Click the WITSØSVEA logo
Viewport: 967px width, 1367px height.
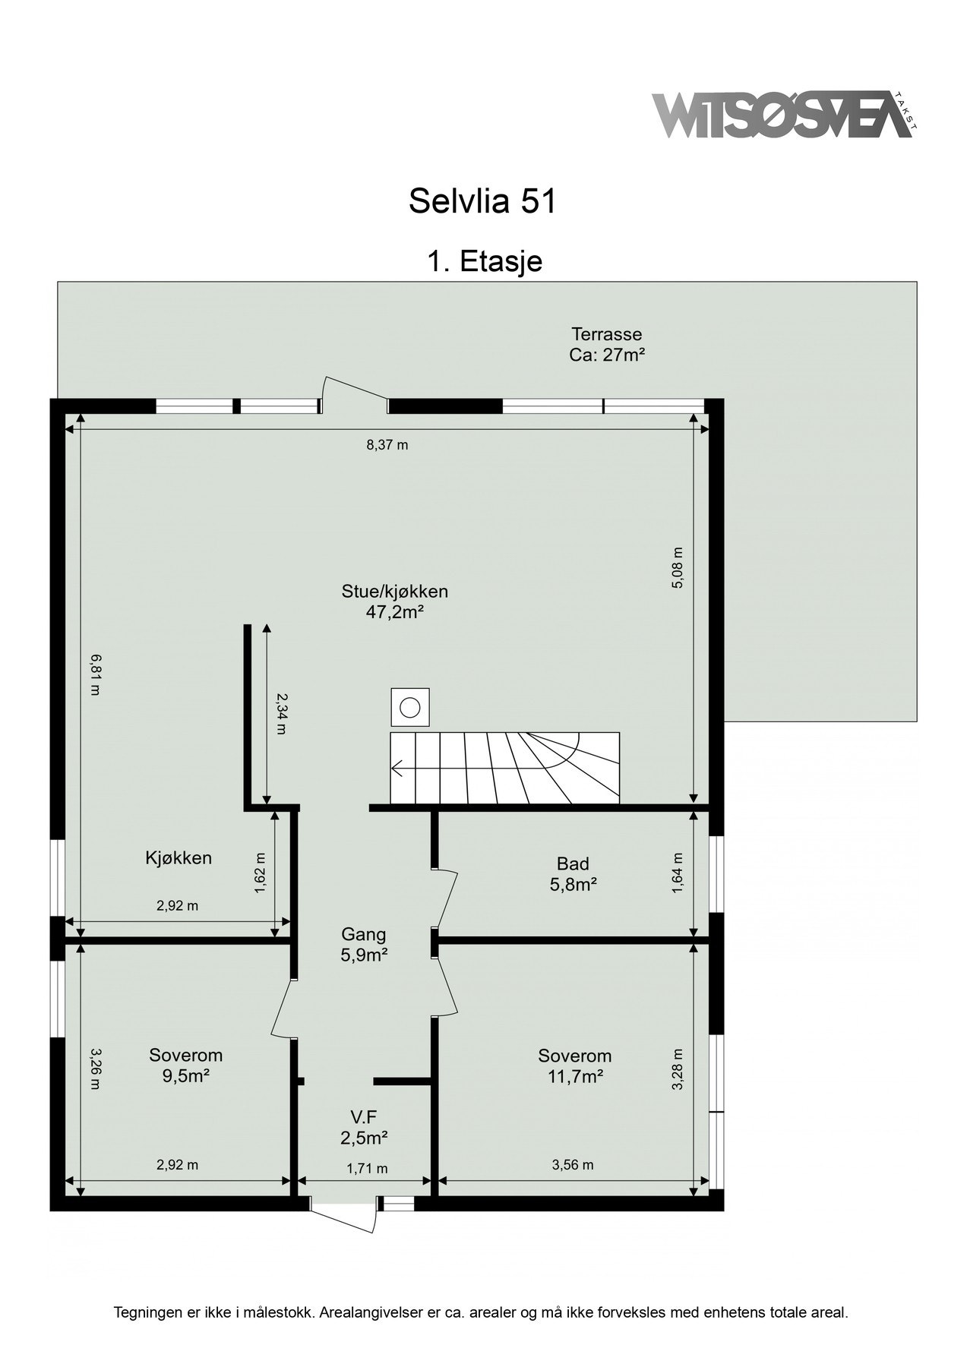click(x=782, y=115)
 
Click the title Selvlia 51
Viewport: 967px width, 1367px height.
click(x=482, y=201)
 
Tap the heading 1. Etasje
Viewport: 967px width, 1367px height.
click(x=484, y=261)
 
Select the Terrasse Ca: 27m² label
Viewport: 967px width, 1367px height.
click(x=606, y=344)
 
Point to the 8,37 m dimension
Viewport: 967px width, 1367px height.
click(x=387, y=445)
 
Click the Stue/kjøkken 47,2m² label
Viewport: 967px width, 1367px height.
click(x=394, y=601)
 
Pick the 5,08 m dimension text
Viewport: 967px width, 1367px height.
click(x=678, y=567)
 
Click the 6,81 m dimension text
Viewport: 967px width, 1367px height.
click(x=94, y=675)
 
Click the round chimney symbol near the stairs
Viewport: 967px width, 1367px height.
click(x=410, y=708)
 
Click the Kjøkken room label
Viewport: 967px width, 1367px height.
click(x=179, y=858)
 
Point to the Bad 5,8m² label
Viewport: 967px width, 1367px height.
click(x=573, y=873)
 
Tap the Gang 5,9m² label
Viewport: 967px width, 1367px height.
click(x=364, y=944)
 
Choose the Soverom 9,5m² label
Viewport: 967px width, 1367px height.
click(x=185, y=1065)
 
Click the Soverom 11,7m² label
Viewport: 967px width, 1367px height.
click(x=574, y=1066)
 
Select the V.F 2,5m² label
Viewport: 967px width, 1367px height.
click(x=364, y=1126)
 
